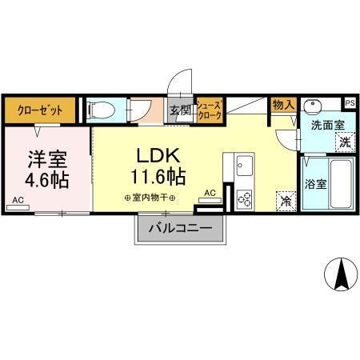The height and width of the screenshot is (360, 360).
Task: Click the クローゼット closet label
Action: tap(40, 110)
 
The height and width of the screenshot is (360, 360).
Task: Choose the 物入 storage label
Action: tap(283, 105)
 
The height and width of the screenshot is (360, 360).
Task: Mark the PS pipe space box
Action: tap(350, 102)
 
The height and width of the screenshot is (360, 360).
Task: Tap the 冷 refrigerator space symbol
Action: tap(285, 201)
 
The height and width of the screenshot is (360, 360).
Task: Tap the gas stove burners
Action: tap(243, 197)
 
